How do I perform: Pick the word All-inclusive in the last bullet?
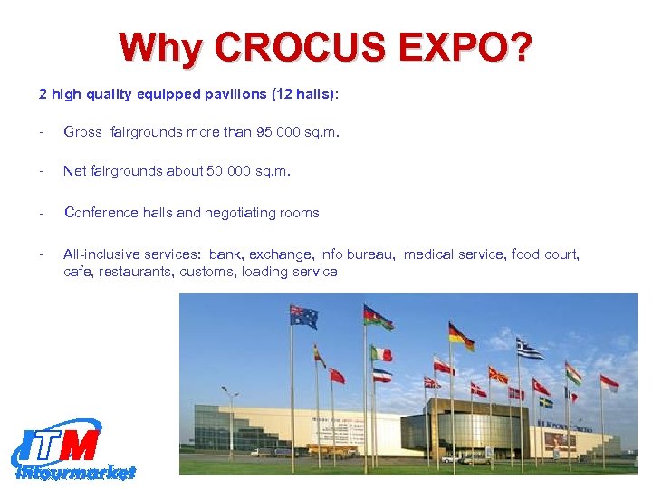99,254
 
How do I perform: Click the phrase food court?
545,254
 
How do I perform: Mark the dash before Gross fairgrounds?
42,132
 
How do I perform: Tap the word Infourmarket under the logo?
74,472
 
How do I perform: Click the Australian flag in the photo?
303,316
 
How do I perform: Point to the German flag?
461,337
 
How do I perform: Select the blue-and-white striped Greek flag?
529,349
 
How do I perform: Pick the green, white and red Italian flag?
381,353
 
